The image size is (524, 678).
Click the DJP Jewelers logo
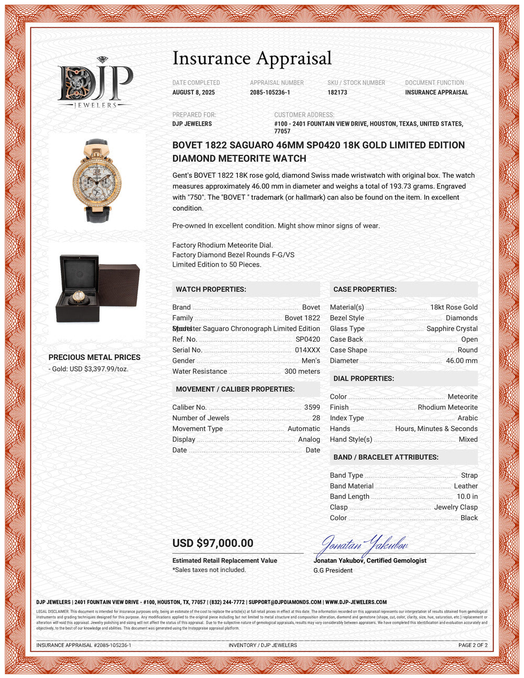point(95,83)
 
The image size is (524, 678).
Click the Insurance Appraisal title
point(252,58)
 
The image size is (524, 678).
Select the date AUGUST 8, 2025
point(193,92)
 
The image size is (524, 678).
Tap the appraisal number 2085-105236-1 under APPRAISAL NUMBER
point(270,92)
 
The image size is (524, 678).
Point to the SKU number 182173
point(337,92)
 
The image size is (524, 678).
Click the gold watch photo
point(97,180)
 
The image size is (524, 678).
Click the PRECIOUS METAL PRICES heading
point(94,357)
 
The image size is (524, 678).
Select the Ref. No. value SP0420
point(308,340)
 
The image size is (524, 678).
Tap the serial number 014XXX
point(307,350)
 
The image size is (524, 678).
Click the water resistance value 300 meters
point(302,371)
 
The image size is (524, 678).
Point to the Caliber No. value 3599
point(312,407)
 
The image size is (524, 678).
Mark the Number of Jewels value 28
point(315,418)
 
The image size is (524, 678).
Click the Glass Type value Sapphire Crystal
point(452,329)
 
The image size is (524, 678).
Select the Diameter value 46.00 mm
point(462,360)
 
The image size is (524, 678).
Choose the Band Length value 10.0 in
point(467,497)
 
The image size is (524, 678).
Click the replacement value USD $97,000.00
point(213,543)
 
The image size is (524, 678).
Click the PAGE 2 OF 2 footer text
point(473,645)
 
